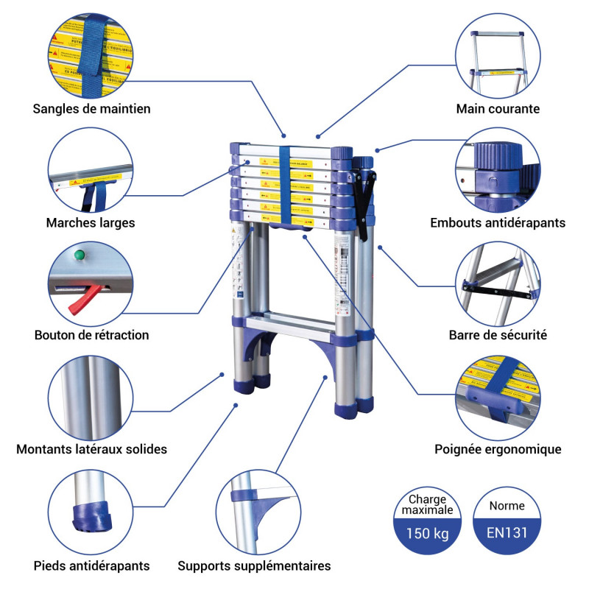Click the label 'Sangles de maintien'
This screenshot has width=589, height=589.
91,109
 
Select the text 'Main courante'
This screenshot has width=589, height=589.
498,109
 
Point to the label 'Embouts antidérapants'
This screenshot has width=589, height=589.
498,222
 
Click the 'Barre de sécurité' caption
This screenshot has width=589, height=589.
498,335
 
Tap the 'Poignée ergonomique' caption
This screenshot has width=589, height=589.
498,449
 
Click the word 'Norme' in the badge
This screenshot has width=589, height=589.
507,506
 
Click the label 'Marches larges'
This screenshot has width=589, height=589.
91,222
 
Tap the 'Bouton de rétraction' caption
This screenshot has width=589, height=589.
91,335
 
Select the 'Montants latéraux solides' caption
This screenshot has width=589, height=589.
91,449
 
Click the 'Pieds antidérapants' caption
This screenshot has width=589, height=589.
91,566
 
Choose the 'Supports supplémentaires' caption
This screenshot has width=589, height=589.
254,566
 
